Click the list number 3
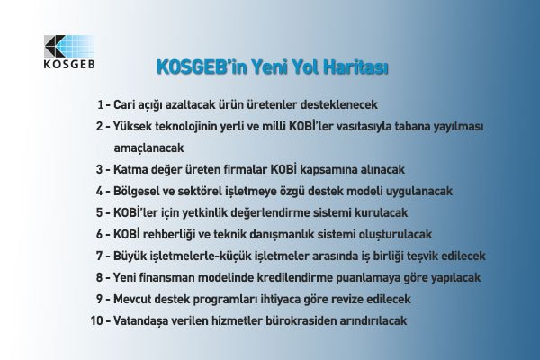[x=98, y=168]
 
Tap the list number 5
[x=98, y=212]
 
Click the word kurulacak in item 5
[x=382, y=212]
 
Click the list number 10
[x=96, y=320]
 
